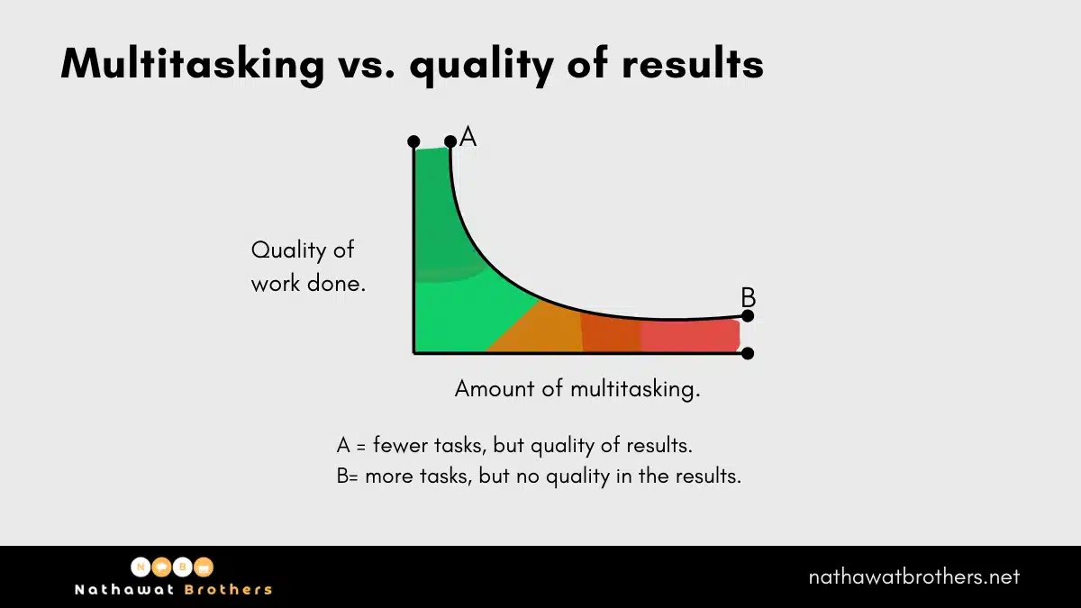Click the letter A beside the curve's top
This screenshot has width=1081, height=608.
pyautogui.click(x=468, y=137)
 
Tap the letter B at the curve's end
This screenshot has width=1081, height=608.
pyautogui.click(x=748, y=296)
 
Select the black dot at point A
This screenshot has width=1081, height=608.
pyautogui.click(x=450, y=141)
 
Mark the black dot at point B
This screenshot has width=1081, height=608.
pyautogui.click(x=748, y=316)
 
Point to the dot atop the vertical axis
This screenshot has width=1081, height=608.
pyautogui.click(x=413, y=141)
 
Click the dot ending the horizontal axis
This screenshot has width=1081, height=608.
pyautogui.click(x=748, y=353)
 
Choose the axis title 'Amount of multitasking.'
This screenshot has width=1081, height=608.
pyautogui.click(x=577, y=389)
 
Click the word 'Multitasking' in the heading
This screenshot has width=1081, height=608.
pyautogui.click(x=192, y=64)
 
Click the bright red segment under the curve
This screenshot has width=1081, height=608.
pyautogui.click(x=689, y=335)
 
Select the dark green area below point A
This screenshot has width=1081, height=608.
pyautogui.click(x=437, y=225)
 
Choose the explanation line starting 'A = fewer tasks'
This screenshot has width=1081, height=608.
pyautogui.click(x=514, y=445)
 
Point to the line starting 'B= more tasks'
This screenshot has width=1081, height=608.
pyautogui.click(x=539, y=476)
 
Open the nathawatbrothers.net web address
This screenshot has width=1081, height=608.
pyautogui.click(x=913, y=576)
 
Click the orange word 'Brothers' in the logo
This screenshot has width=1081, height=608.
pyautogui.click(x=228, y=589)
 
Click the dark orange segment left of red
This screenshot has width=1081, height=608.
pyautogui.click(x=611, y=332)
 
